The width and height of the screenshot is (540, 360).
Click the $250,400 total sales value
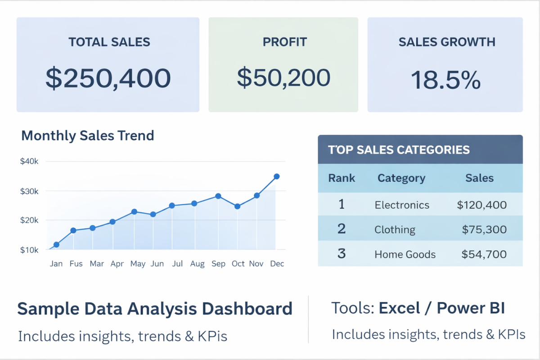[x=108, y=78]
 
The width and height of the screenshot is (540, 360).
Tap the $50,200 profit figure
[x=283, y=78]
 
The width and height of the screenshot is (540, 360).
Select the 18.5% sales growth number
[x=445, y=80]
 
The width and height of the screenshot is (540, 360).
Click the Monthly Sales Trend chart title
[x=88, y=135]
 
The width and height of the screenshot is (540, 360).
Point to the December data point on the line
[x=277, y=176]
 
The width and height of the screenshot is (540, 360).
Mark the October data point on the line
[x=238, y=207]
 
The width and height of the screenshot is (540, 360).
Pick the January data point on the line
[x=56, y=245]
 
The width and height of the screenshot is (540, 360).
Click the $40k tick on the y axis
[x=29, y=162]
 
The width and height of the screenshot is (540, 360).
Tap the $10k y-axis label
[x=29, y=250]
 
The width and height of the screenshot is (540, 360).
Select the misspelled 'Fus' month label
[x=76, y=264]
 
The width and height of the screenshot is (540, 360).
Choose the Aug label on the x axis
[x=197, y=264]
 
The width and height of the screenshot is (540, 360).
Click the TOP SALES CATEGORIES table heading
[x=399, y=150]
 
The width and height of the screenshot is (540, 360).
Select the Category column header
[x=401, y=178]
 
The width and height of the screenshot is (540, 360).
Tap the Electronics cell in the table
[x=402, y=205]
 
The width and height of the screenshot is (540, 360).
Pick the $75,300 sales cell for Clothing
[x=484, y=229]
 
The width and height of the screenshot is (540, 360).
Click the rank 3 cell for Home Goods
[x=342, y=253]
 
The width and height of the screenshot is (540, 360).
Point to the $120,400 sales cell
[x=481, y=205]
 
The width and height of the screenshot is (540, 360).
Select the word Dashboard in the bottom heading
[x=247, y=309]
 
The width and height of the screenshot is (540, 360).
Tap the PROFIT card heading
[x=284, y=42]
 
